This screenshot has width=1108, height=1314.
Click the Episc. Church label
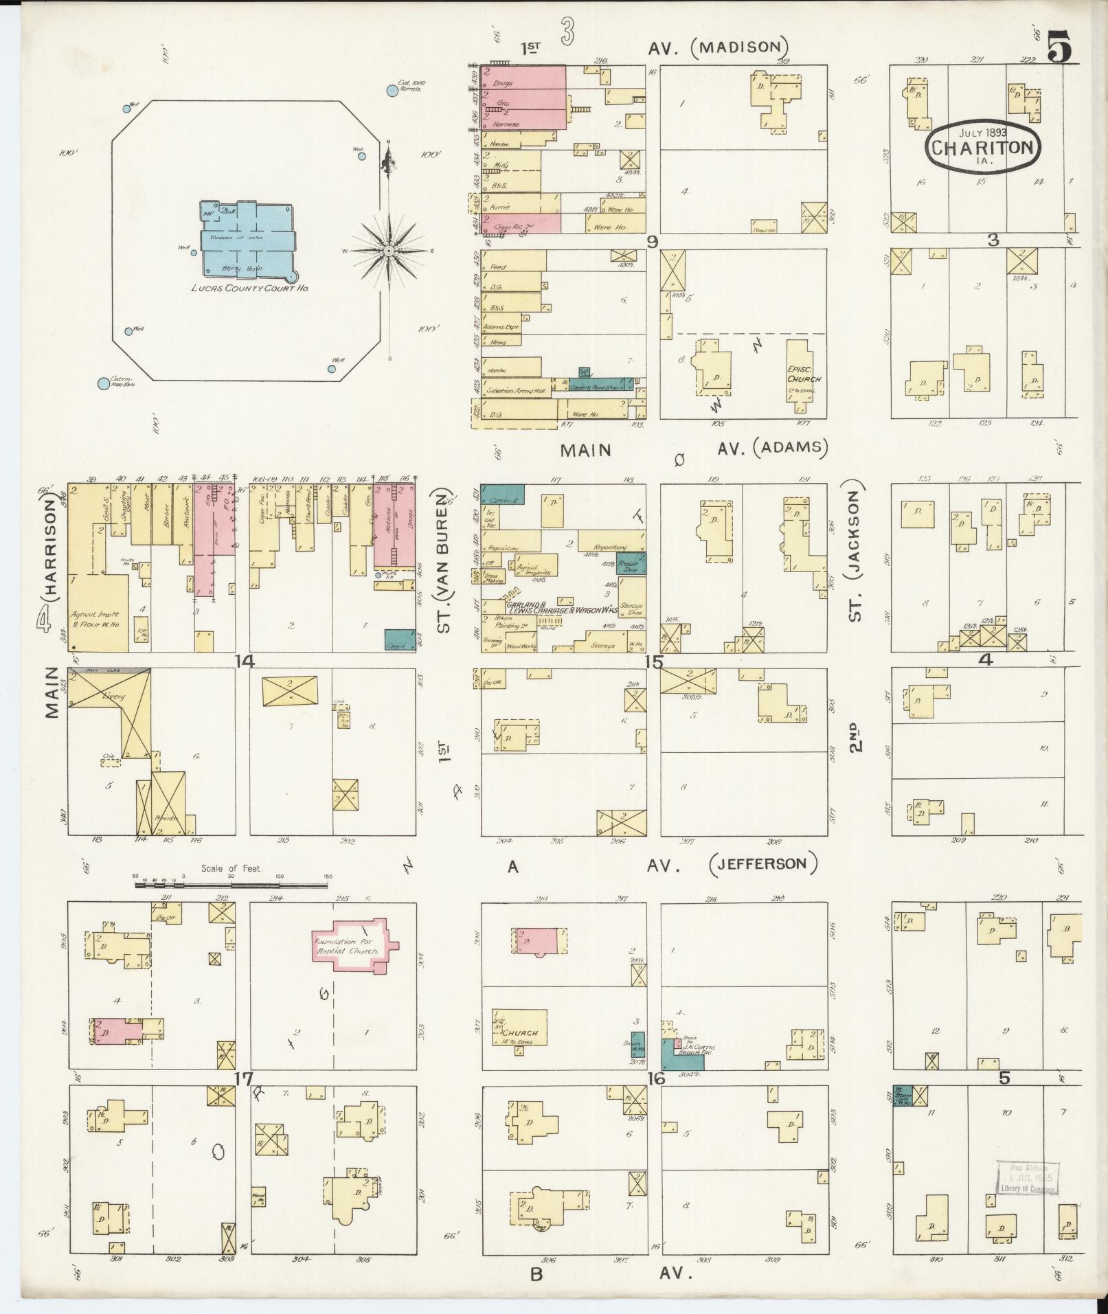pos(804,374)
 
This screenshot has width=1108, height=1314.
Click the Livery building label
pos(113,696)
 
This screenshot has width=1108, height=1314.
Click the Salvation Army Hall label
pos(515,390)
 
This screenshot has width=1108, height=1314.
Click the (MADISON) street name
pos(739,47)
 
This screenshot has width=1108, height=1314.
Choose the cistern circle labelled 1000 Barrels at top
pos(392,90)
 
